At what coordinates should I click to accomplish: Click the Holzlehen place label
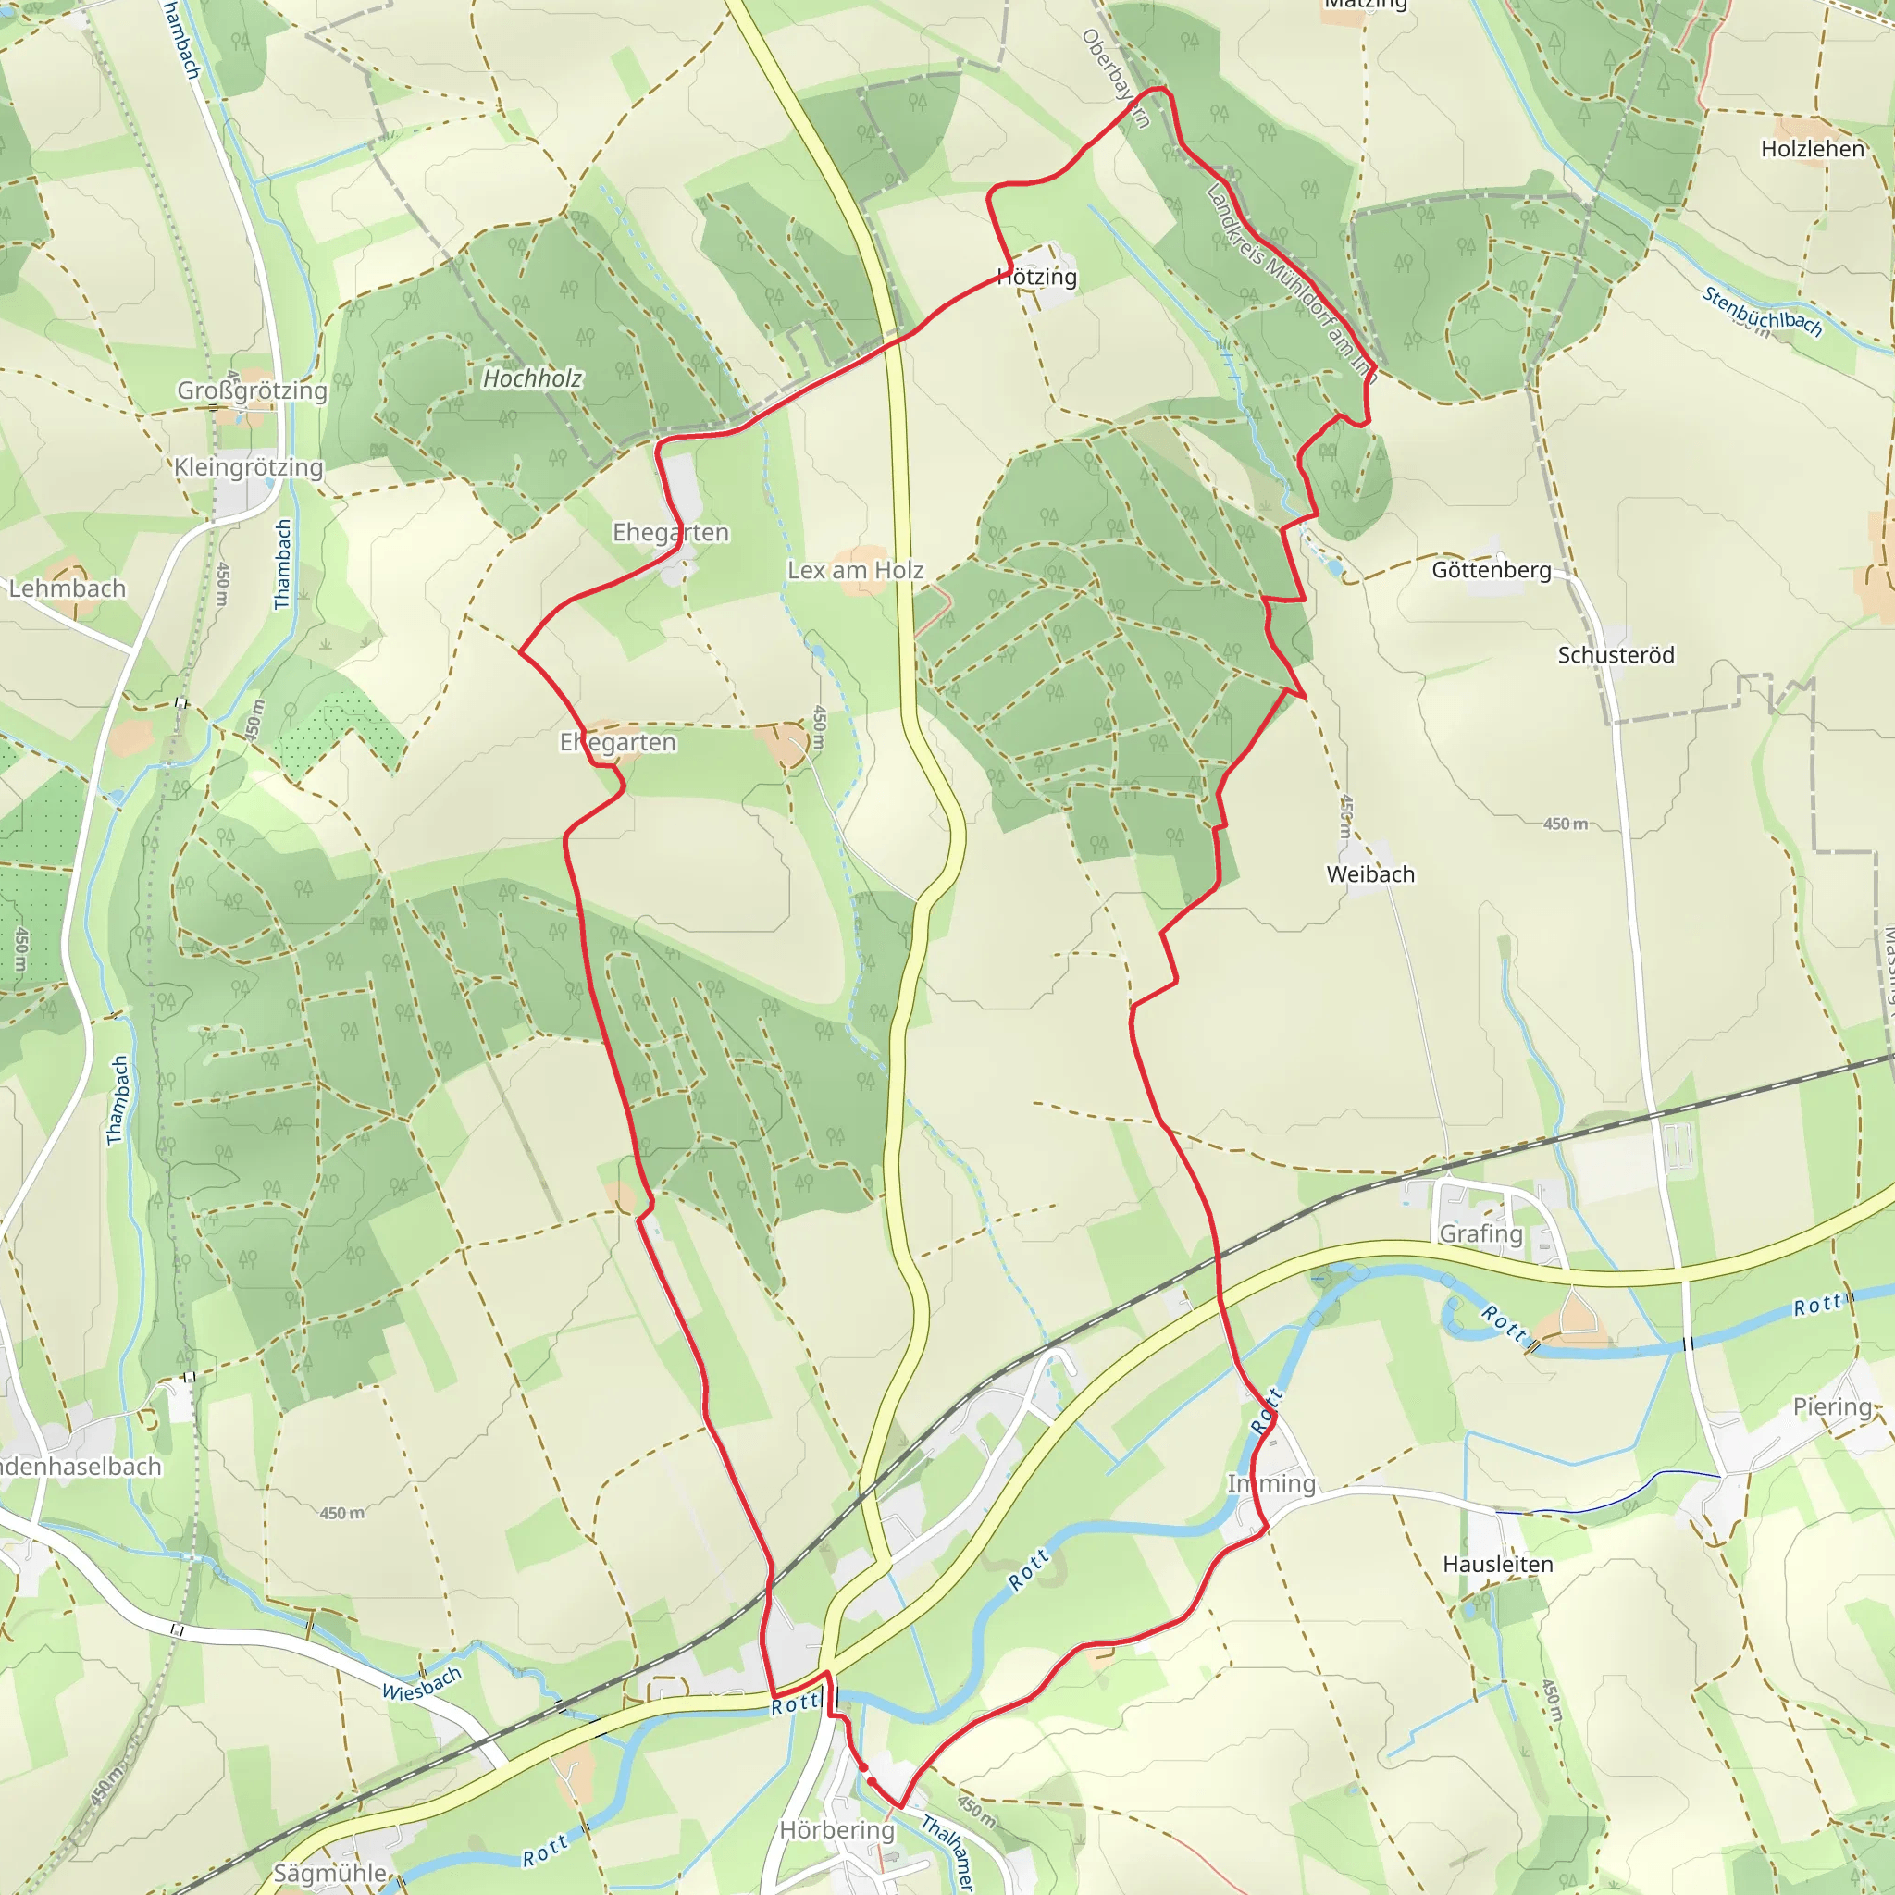click(1813, 149)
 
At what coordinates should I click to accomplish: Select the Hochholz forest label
click(533, 378)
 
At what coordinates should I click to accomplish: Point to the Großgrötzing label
click(252, 390)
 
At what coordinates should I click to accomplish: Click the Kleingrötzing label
click(248, 468)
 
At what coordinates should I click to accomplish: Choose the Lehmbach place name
click(68, 588)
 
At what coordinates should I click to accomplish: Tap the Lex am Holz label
click(855, 571)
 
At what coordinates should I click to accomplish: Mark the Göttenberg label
click(1491, 570)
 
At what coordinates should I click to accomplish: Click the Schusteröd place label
click(1616, 655)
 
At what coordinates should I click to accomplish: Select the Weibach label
click(1370, 873)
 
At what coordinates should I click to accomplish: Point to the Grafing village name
click(1481, 1234)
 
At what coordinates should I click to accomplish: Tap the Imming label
click(1271, 1484)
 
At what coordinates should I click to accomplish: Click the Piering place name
click(1832, 1407)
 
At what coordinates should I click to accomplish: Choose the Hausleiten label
click(1498, 1565)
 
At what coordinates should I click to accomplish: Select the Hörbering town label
click(836, 1831)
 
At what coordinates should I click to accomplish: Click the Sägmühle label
click(329, 1874)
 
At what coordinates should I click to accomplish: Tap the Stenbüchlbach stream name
click(1762, 312)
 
